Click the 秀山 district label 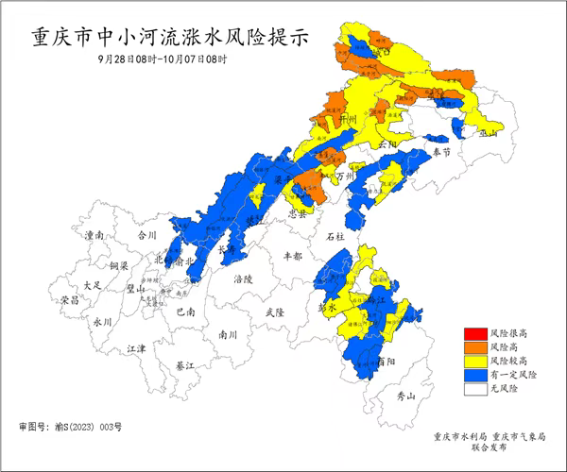[405, 396]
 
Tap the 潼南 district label [94, 234]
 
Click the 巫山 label [489, 134]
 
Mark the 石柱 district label [335, 236]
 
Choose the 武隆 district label [274, 312]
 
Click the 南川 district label [228, 333]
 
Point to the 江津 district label [137, 348]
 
